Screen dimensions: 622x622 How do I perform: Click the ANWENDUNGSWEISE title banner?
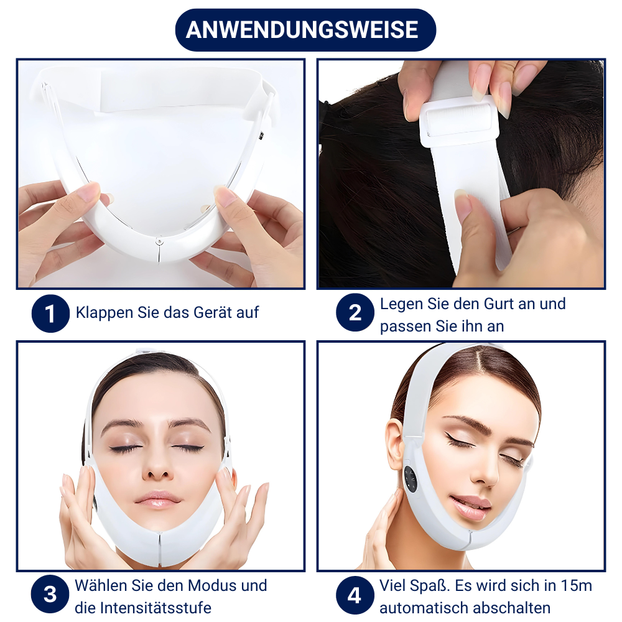[x=305, y=30]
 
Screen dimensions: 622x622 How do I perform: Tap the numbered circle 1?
[x=50, y=313]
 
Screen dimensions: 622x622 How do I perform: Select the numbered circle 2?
[x=355, y=313]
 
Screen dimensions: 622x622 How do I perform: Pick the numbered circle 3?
[x=50, y=594]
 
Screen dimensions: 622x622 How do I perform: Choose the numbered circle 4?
[x=355, y=595]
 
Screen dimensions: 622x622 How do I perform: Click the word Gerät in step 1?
[x=208, y=312]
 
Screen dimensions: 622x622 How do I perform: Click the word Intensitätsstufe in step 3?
[x=155, y=608]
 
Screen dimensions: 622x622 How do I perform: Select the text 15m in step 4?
[x=577, y=585]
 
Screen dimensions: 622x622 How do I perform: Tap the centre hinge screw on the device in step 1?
[x=159, y=241]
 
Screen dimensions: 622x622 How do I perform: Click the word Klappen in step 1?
[x=104, y=313]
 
